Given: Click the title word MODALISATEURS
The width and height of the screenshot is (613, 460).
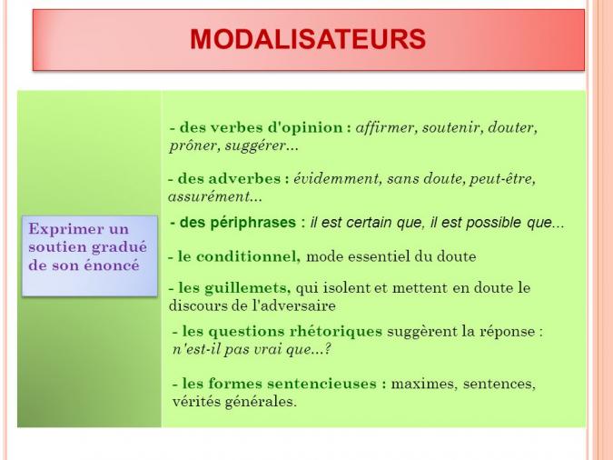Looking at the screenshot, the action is coord(308,39).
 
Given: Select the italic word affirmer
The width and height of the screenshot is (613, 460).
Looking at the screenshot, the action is coord(384,127).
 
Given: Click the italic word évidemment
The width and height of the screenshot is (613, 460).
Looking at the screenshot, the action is coord(336,179).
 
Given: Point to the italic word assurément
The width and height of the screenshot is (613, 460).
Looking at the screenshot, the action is coord(210,197).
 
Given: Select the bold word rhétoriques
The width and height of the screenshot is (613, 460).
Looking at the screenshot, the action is coord(335,332).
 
